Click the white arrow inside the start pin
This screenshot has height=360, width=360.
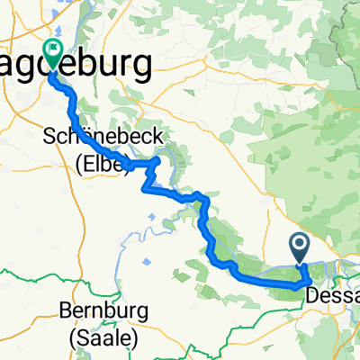coord(301,242)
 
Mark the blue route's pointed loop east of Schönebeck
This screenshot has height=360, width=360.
coord(160,160)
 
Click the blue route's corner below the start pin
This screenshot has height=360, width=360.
coord(298,283)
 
